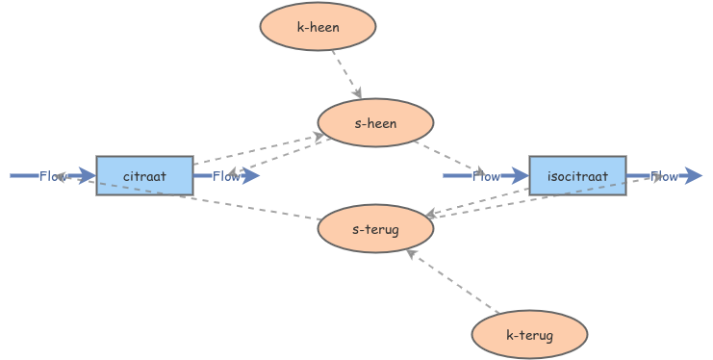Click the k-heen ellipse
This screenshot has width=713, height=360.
pos(318,27)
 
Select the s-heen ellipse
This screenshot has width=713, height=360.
pos(375,123)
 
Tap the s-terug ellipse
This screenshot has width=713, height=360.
pos(375,229)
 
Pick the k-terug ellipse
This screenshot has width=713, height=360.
pos(529,335)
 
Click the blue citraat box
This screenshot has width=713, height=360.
pos(144,176)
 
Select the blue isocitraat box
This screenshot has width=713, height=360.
pos(577,176)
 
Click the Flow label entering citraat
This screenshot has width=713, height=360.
pos(53,176)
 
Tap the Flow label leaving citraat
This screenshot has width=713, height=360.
pos(226,176)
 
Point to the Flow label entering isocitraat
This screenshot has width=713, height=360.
pos(486,176)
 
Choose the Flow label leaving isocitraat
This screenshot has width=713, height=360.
pos(664,176)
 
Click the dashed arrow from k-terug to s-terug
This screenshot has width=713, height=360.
pos(452,282)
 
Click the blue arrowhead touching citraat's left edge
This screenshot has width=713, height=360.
pos(87,176)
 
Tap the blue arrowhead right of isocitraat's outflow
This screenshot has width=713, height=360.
pos(693,176)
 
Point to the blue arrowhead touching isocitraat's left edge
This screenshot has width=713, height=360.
pos(520,176)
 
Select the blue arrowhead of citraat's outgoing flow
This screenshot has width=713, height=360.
pos(252,176)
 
